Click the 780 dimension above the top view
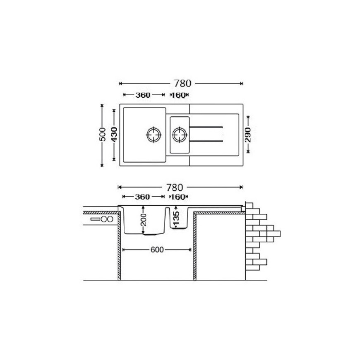(x=182, y=84)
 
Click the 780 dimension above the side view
(x=175, y=187)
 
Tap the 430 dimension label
(x=114, y=134)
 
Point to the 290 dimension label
(x=248, y=135)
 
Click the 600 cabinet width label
(x=157, y=250)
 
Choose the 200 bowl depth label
(x=143, y=220)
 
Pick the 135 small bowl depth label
(x=176, y=218)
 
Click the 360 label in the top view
(x=143, y=95)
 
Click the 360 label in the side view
(x=142, y=197)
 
